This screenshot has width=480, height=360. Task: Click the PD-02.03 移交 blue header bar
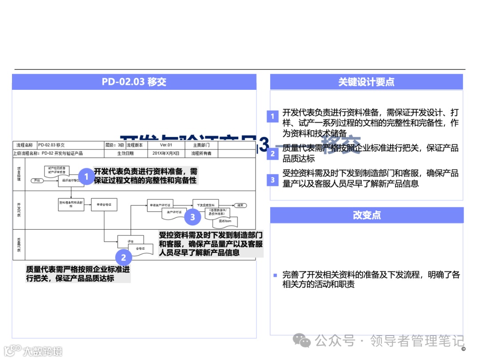click(134, 82)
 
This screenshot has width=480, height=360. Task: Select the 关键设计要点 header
click(366, 82)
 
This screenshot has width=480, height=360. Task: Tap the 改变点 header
click(366, 215)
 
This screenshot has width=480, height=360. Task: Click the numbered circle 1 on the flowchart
click(86, 177)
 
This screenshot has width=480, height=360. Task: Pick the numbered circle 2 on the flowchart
click(124, 257)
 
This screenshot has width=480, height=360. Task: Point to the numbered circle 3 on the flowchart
click(192, 217)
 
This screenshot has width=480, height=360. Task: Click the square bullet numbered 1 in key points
click(272, 117)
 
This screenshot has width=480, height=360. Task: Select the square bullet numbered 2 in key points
click(272, 154)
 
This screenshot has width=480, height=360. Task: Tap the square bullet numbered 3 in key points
click(272, 180)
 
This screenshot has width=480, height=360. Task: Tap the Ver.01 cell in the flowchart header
click(166, 145)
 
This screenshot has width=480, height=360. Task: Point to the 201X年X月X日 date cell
click(166, 153)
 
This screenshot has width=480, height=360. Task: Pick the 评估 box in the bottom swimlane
click(130, 241)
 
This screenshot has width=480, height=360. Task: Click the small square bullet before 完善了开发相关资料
click(275, 275)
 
